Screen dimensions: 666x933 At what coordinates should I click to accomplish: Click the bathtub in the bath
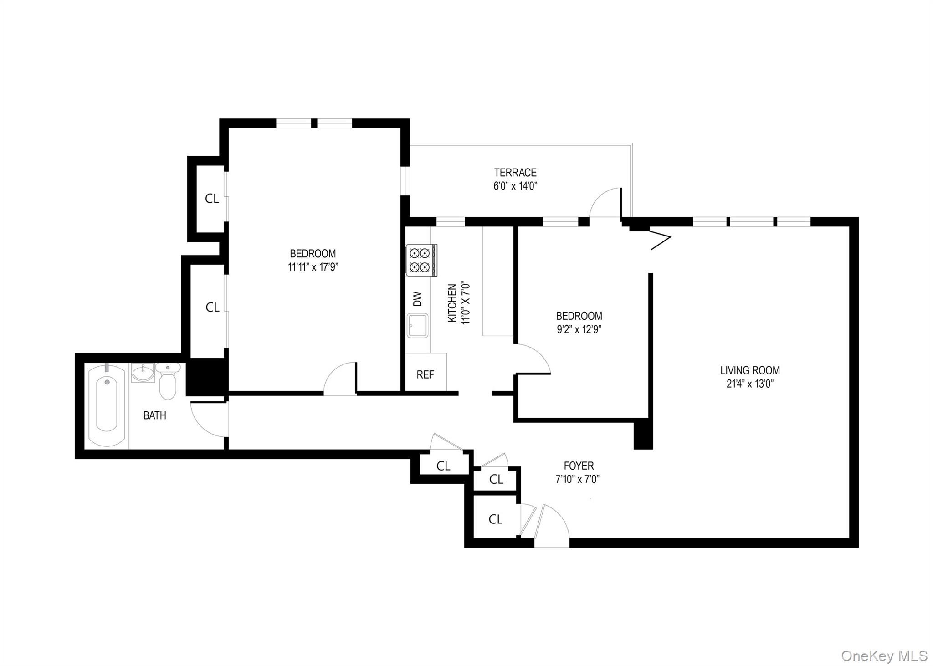107,406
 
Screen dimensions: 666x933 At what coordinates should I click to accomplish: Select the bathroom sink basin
143,373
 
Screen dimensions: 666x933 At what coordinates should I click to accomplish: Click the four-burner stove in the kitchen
421,260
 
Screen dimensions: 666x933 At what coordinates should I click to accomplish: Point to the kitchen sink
417,325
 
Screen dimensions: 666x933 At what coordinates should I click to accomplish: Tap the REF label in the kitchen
425,374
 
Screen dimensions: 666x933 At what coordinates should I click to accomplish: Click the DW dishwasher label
417,299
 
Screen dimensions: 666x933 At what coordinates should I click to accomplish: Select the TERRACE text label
515,173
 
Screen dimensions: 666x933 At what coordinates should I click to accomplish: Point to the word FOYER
579,466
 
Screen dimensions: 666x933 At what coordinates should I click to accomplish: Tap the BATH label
154,415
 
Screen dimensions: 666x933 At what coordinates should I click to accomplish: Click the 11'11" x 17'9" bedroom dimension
313,267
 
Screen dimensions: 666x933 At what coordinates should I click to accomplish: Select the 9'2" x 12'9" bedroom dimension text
579,329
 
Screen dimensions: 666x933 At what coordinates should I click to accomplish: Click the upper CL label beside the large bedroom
212,198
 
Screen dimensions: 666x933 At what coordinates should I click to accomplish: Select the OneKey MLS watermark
884,656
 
